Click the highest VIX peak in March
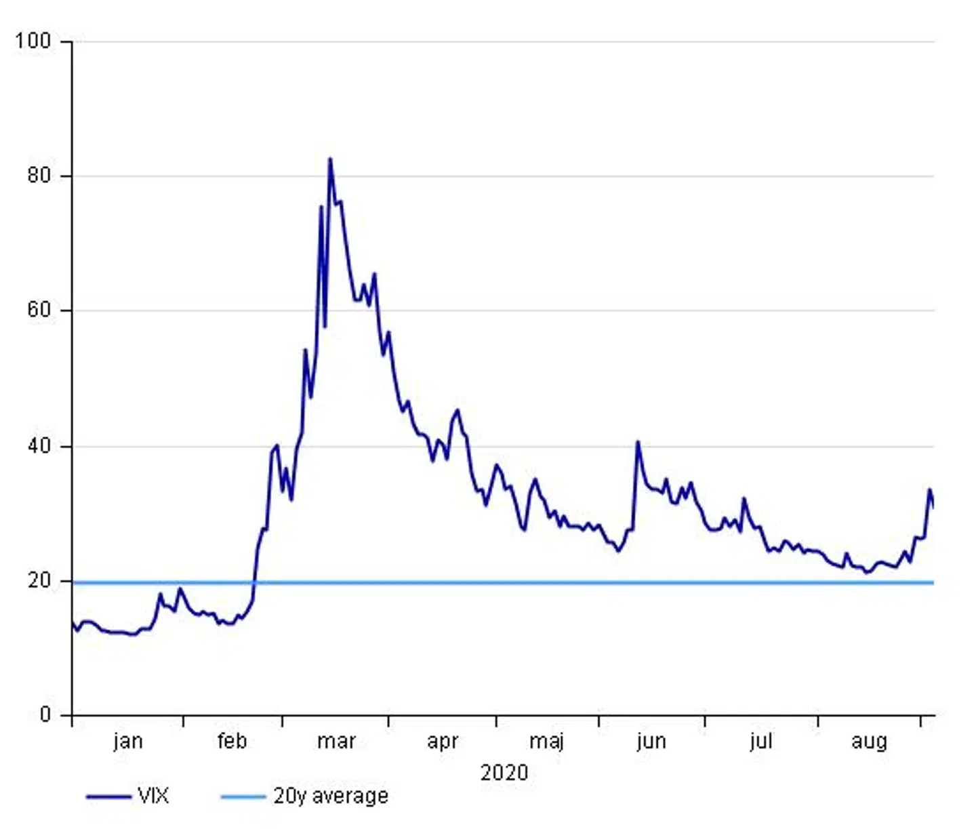click(x=330, y=159)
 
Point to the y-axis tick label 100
click(x=33, y=41)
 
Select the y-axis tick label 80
click(x=39, y=176)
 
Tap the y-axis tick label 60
click(x=39, y=310)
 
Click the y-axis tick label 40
click(x=39, y=445)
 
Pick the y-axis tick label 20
click(x=39, y=580)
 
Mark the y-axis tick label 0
click(x=45, y=714)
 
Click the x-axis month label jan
click(x=128, y=741)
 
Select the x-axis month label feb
click(x=232, y=741)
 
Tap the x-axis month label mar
click(x=336, y=741)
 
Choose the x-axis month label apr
click(x=443, y=742)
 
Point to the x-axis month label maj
click(x=546, y=742)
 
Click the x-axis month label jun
click(x=651, y=742)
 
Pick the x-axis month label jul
click(x=761, y=742)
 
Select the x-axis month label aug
click(x=869, y=742)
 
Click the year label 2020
click(x=504, y=773)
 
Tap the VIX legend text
click(x=153, y=796)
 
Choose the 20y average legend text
click(x=331, y=796)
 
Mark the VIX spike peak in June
click(x=637, y=442)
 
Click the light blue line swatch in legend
click(x=242, y=796)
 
